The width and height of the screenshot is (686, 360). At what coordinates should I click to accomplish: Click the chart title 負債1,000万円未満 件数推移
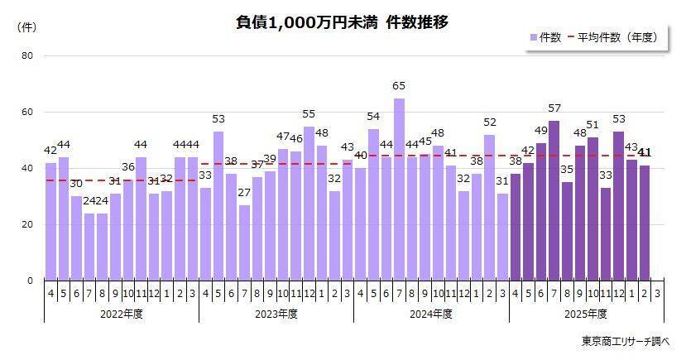coord(342,22)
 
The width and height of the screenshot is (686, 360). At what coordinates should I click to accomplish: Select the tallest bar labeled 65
coord(400,190)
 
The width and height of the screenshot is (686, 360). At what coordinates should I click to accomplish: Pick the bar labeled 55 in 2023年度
coord(309,204)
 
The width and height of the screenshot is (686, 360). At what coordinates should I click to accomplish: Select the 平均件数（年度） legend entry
coord(614,37)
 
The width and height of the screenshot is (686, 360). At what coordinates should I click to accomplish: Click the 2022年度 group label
coord(122,314)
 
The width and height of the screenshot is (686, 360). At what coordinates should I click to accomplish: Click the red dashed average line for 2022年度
coord(122,180)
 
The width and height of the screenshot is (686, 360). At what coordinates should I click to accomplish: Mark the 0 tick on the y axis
coord(30,281)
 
